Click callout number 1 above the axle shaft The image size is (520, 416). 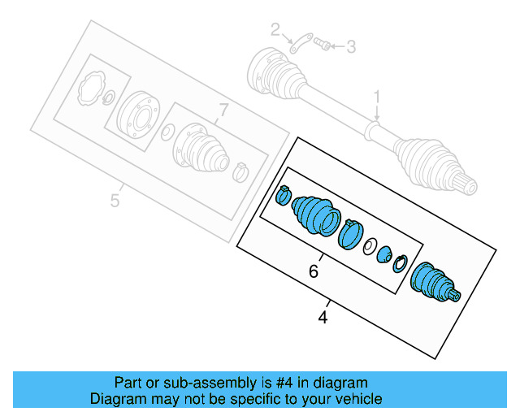coord(377,98)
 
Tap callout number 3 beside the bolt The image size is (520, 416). coord(351,47)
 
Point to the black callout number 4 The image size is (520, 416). coord(323,318)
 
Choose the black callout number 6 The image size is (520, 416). coord(314,272)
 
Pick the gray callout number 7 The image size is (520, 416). coord(224,110)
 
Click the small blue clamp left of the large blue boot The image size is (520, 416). coord(284,194)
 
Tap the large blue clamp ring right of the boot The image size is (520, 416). coord(349,233)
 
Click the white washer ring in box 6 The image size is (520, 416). coord(369,245)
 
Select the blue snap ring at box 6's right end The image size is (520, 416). coord(400,262)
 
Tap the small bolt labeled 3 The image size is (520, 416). coord(323,45)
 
